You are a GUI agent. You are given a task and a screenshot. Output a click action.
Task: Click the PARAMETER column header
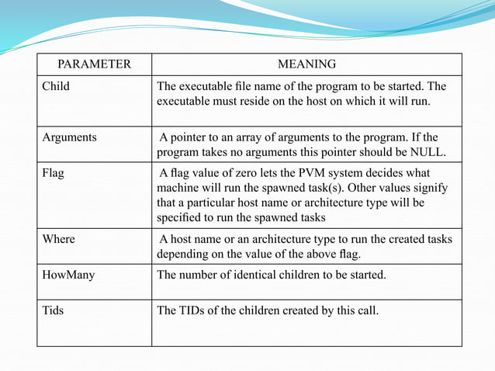pyautogui.click(x=95, y=64)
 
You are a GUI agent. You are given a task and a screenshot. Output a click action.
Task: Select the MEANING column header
pyautogui.click(x=306, y=64)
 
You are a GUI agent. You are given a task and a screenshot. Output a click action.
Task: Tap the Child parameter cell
pyautogui.click(x=55, y=86)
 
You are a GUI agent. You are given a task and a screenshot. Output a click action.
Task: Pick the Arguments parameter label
pyautogui.click(x=69, y=137)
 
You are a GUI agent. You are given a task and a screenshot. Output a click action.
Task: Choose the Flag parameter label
pyautogui.click(x=54, y=173)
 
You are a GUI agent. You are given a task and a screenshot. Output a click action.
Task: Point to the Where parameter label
pyautogui.click(x=59, y=239)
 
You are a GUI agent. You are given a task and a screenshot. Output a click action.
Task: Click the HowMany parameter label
pyautogui.click(x=68, y=275)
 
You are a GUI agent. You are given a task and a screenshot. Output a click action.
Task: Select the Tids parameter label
pyautogui.click(x=53, y=310)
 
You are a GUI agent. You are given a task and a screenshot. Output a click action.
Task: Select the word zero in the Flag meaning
pyautogui.click(x=241, y=173)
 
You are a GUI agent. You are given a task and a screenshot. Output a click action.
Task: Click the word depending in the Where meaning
pyautogui.click(x=183, y=254)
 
